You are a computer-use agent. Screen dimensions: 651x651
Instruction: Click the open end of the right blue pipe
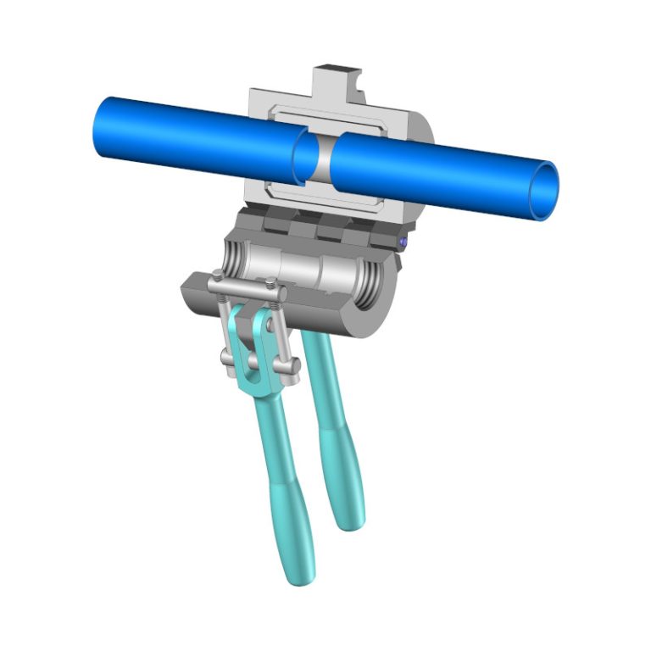pos(544,191)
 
